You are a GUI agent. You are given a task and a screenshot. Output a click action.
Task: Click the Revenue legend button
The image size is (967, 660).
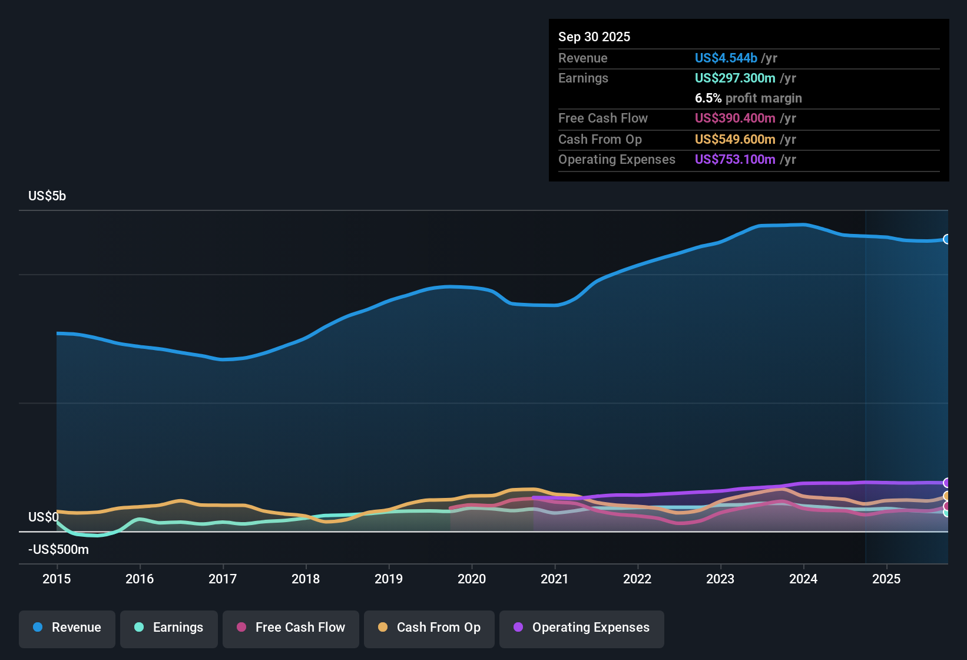pyautogui.click(x=67, y=628)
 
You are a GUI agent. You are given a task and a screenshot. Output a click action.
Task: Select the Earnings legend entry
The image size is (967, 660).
pyautogui.click(x=169, y=628)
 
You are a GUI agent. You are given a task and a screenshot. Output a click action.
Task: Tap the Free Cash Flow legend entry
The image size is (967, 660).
pyautogui.click(x=291, y=628)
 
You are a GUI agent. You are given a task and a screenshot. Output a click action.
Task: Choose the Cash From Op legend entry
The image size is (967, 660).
pyautogui.click(x=429, y=628)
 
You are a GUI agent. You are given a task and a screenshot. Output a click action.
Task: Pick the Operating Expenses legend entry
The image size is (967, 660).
pyautogui.click(x=582, y=628)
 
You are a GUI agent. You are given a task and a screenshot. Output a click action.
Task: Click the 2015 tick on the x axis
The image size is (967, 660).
pyautogui.click(x=57, y=579)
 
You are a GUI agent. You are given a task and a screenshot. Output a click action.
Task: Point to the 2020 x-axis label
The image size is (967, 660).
pyautogui.click(x=472, y=579)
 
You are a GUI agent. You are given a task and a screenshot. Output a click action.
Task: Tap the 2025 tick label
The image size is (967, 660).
pyautogui.click(x=886, y=579)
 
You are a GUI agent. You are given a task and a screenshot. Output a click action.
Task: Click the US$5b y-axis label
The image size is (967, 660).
pyautogui.click(x=47, y=196)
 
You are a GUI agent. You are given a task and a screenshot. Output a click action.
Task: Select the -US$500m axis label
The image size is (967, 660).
pyautogui.click(x=58, y=549)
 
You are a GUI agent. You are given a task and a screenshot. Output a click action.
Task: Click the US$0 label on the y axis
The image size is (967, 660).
pyautogui.click(x=44, y=517)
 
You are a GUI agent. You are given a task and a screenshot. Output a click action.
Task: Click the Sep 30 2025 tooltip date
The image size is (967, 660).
pyautogui.click(x=594, y=37)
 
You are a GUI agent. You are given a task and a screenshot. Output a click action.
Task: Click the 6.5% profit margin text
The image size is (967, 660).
pyautogui.click(x=748, y=98)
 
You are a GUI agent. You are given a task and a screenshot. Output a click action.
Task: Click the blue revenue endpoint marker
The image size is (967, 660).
pyautogui.click(x=947, y=239)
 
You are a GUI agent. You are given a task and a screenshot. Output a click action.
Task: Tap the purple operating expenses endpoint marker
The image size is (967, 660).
pyautogui.click(x=947, y=483)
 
